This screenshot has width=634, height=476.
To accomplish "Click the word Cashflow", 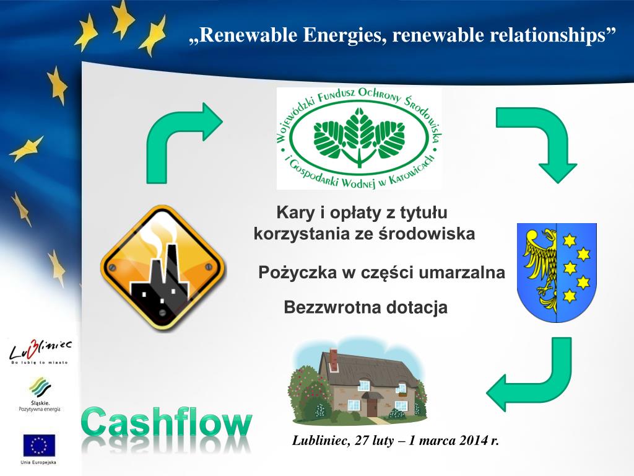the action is [167, 424].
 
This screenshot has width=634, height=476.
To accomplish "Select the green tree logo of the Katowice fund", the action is [358, 138].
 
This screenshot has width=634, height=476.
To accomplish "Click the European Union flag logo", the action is [39, 445].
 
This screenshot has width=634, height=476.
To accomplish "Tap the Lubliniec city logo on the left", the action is [40, 353].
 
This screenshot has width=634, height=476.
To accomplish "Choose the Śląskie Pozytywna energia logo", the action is [40, 394].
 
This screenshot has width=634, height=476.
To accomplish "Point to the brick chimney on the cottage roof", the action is [333, 358].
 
